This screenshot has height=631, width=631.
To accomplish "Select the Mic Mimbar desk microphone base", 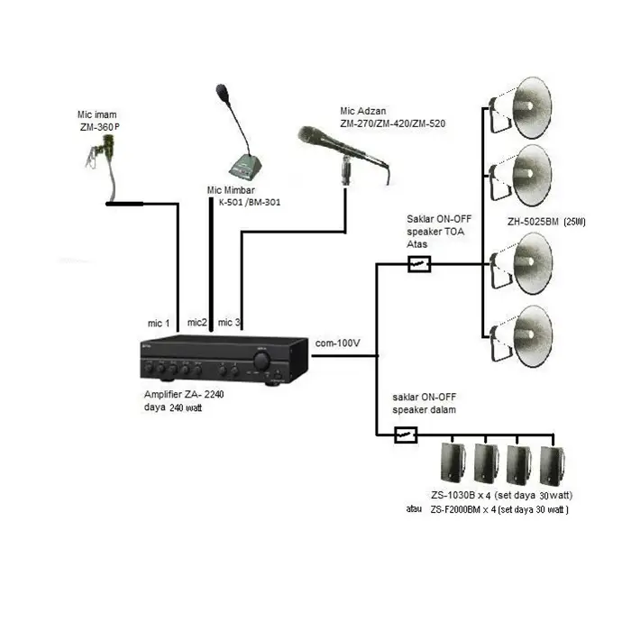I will tap(245, 166).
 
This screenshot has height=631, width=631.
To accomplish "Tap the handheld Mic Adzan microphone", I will tap(343, 150).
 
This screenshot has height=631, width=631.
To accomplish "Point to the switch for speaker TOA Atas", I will tap(419, 264).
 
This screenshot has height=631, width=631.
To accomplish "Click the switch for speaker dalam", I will tap(407, 435).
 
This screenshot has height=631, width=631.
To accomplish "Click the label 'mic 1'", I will tap(159, 323).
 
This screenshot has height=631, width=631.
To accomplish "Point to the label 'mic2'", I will tap(197, 322).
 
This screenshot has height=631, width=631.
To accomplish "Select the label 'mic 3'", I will tap(230, 323).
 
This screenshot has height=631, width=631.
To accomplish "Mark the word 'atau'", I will tap(415, 510).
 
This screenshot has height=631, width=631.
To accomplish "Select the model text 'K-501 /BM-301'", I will tap(249, 202).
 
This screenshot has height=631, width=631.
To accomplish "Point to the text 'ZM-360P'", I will tap(99, 128).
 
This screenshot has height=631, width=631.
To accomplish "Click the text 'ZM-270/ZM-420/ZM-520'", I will tap(393, 122).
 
